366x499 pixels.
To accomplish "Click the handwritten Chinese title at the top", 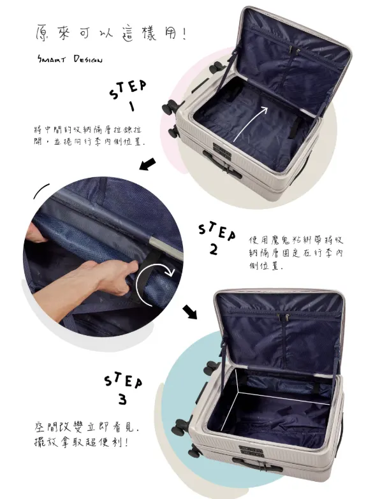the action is pos(110,33).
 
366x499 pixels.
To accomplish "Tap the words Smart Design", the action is pos(70,59).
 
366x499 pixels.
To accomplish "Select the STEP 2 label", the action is pos(217,238).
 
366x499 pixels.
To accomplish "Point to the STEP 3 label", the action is pos(123,389).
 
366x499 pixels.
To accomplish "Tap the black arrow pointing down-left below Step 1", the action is pos(147,164).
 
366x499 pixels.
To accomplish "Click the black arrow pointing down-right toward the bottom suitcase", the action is pos(190,312).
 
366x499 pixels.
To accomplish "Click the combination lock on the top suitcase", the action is pos(222,150).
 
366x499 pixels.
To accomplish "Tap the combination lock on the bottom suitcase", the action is pos(251,451).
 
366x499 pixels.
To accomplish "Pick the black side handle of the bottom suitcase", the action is pos(257,465).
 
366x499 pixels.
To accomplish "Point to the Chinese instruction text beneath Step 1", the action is pos(89,136).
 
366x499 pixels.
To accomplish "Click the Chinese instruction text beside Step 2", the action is pos(296,253).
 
